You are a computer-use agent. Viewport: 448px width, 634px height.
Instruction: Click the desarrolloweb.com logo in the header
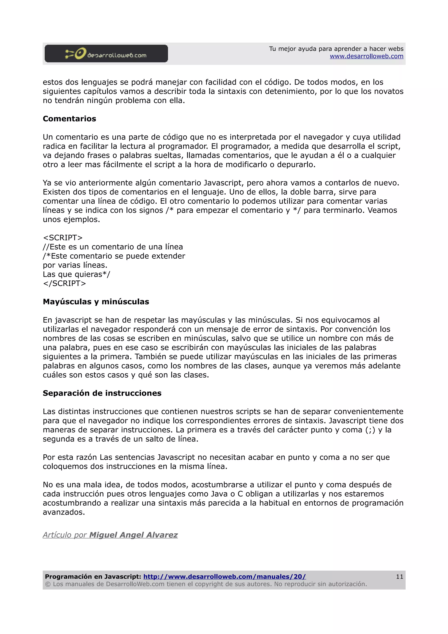tap(106, 54)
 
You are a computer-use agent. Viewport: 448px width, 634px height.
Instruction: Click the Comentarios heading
tap(69, 119)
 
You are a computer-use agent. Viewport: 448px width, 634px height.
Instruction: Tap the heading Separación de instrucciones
tap(102, 393)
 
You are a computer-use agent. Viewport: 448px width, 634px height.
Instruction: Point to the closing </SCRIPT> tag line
tap(64, 283)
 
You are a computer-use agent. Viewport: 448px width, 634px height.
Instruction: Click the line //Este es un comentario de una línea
tap(113, 247)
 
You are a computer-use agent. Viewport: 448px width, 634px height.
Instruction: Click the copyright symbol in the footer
tap(48, 584)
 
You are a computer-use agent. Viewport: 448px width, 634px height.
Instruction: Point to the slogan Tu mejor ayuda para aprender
tap(336, 49)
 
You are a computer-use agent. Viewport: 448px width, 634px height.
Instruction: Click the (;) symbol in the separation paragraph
tap(370, 430)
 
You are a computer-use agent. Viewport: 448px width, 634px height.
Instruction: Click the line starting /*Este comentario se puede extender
tap(114, 256)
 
